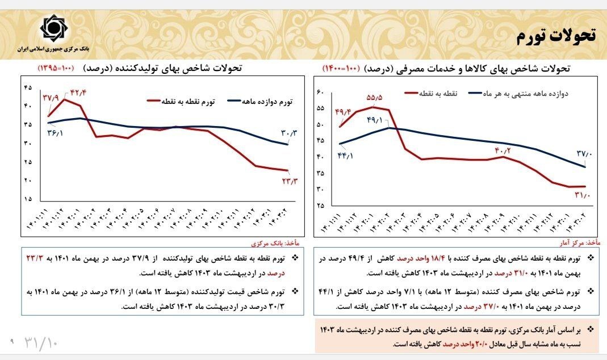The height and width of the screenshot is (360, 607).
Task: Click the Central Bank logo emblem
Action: [53, 28]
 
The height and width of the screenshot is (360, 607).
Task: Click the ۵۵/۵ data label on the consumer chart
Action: [375, 97]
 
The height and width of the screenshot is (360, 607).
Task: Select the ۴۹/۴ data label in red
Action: [344, 111]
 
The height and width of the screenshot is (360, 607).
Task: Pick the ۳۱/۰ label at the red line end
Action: [583, 196]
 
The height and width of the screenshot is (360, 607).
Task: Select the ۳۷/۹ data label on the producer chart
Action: [50, 98]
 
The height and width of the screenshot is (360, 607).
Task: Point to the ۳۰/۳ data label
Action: [289, 133]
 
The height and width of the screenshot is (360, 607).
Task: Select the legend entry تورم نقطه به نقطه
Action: [180, 102]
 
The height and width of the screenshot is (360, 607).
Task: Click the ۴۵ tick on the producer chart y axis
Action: [28, 87]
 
